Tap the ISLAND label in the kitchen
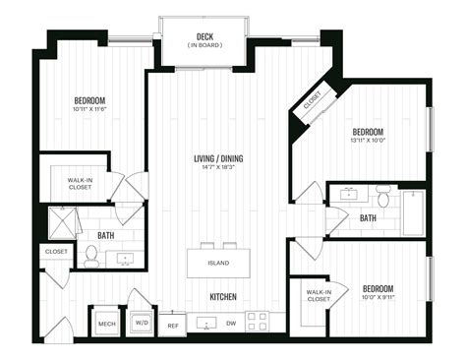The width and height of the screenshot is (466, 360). [218, 263]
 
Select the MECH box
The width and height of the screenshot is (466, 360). [105, 322]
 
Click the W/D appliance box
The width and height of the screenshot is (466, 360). [141, 322]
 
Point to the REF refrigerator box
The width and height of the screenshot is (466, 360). [173, 324]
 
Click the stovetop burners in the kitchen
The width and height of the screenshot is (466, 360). [257, 321]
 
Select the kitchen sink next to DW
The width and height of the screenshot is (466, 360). [204, 322]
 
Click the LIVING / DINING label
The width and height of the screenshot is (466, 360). [217, 157]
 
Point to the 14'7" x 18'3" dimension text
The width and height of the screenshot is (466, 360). [217, 167]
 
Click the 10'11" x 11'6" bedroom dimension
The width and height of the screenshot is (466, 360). [88, 110]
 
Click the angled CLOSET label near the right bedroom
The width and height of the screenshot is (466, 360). [312, 101]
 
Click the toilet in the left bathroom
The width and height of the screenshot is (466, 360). [91, 257]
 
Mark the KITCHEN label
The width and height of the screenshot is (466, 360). [222, 296]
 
